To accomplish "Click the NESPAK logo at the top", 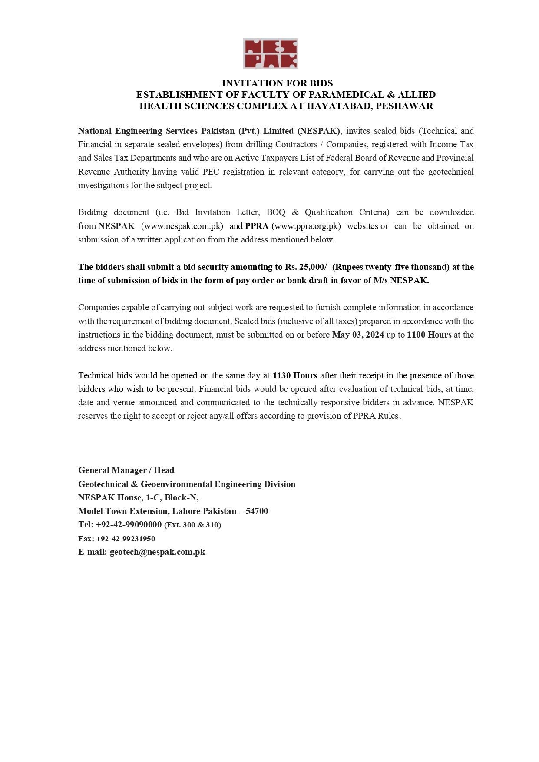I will [x=270, y=54].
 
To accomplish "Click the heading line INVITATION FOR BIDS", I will [x=277, y=83].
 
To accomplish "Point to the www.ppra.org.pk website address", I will [x=306, y=226].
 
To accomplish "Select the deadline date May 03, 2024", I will [x=358, y=335].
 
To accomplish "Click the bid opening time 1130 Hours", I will [x=295, y=375].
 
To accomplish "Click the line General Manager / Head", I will [x=126, y=470].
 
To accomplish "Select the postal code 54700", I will [x=257, y=511].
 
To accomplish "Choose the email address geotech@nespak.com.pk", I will [x=157, y=552].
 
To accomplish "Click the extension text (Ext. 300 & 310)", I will [x=192, y=525].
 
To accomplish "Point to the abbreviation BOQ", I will [x=276, y=212].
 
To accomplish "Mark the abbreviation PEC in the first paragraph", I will [x=211, y=172].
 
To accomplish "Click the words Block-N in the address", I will [x=181, y=497].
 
